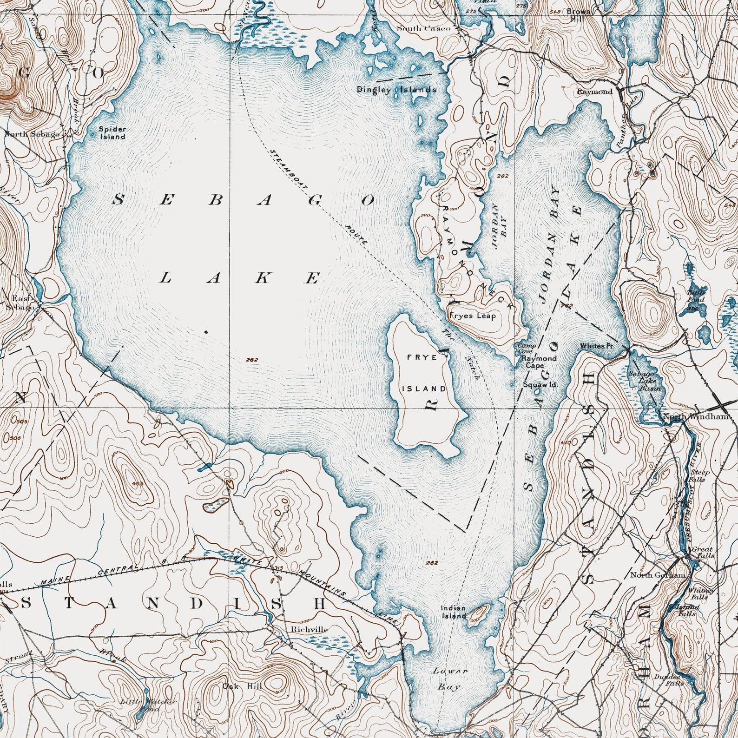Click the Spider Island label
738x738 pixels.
(x=112, y=132)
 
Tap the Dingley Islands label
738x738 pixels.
(x=396, y=90)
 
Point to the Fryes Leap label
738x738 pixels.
(x=473, y=316)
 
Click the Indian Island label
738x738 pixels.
(x=453, y=612)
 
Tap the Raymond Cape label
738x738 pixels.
(x=538, y=362)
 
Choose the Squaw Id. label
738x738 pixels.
(x=540, y=385)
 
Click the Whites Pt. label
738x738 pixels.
(x=597, y=346)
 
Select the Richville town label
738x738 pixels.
(x=309, y=629)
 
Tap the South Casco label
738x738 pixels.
(x=423, y=28)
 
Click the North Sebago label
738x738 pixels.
(x=33, y=134)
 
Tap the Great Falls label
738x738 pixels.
(x=701, y=552)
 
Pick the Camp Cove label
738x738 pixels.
(x=527, y=349)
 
